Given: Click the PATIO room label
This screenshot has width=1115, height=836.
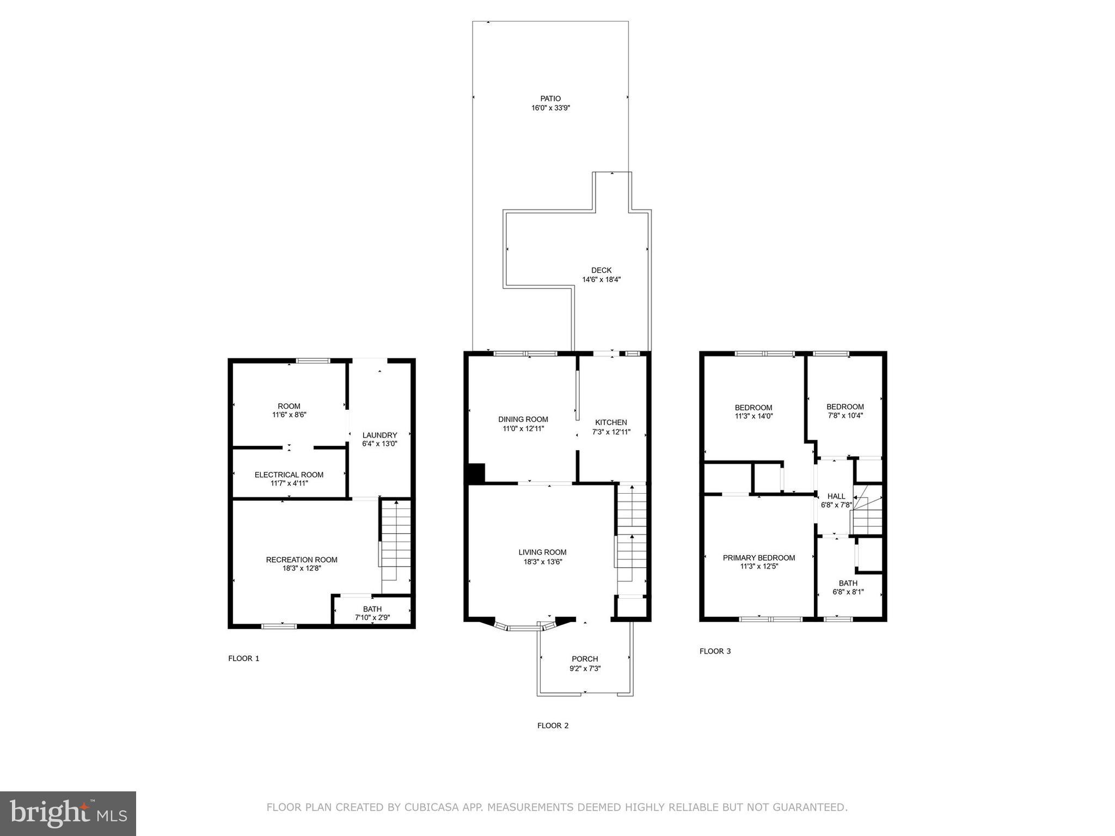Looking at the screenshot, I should [x=550, y=99].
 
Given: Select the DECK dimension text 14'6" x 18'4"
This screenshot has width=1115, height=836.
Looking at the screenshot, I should [x=601, y=280].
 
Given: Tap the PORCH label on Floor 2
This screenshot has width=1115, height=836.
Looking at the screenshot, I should [x=585, y=659].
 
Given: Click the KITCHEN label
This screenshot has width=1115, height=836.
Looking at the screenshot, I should [x=611, y=422].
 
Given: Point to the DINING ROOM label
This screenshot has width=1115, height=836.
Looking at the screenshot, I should [x=523, y=419].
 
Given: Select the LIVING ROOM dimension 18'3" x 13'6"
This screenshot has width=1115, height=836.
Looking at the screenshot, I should [x=542, y=562].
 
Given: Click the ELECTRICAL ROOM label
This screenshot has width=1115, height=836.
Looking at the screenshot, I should [x=289, y=475].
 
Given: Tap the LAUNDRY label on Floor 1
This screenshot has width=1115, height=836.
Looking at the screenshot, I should [x=379, y=435].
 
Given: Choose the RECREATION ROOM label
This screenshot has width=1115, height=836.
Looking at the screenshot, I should [x=302, y=560].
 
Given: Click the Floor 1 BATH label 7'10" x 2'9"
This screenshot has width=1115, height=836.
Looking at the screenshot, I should [x=372, y=613].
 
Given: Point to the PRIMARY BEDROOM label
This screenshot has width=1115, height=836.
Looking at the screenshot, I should [x=758, y=558].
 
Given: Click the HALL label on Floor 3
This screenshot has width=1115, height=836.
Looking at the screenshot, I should [x=836, y=496].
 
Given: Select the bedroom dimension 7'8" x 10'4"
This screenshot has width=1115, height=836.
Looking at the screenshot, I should [x=844, y=416].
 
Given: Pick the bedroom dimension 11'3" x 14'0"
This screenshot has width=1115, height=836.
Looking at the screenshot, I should [x=753, y=416].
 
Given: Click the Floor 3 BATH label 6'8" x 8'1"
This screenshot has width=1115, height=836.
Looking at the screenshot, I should [x=848, y=588].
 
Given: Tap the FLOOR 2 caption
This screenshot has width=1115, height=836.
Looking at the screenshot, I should [x=553, y=726].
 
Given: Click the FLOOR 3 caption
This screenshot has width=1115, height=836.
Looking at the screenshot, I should [x=715, y=651].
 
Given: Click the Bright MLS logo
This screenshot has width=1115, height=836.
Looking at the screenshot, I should [x=68, y=813].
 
